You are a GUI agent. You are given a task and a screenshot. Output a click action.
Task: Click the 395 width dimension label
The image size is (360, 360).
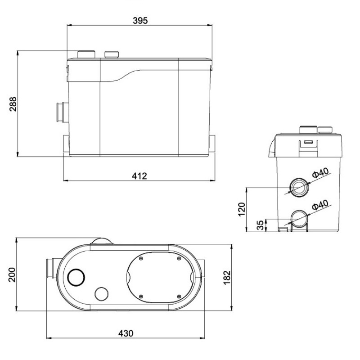pyautogui.click(x=140, y=21)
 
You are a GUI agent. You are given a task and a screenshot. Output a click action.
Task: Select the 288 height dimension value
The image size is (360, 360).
pyautogui.click(x=13, y=104)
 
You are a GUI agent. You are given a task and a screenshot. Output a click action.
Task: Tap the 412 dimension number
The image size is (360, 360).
pyautogui.click(x=139, y=176)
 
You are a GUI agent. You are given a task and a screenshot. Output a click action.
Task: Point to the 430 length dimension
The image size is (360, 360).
pyautogui.click(x=126, y=333)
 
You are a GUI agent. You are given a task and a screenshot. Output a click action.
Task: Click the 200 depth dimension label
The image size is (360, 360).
pyautogui.click(x=12, y=274)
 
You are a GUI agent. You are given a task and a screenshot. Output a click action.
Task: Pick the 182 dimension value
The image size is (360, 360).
pyautogui.click(x=227, y=278)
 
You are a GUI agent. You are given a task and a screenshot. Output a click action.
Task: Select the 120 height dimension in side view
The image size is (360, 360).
pyautogui.click(x=242, y=209)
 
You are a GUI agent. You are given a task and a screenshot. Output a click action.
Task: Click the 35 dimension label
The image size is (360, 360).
pyautogui.click(x=260, y=225)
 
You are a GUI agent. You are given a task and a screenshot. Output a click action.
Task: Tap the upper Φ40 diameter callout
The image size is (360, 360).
pyautogui.click(x=320, y=173)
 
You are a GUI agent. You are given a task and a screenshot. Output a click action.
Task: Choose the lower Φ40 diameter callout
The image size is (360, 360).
pyautogui.click(x=320, y=205)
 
